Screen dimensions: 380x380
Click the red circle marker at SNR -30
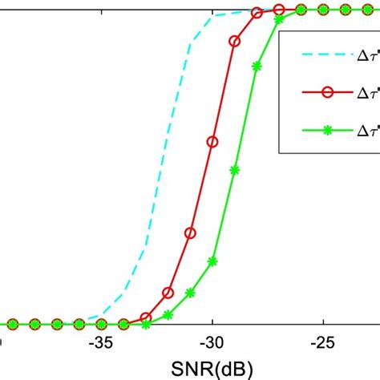[212, 142]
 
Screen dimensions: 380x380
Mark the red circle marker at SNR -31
[190, 233]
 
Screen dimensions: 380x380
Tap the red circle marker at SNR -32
[168, 293]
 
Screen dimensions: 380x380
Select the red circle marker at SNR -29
[235, 41]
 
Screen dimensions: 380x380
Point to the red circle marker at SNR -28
[257, 14]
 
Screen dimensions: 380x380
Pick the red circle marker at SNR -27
[279, 10]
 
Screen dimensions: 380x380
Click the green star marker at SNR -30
[212, 261]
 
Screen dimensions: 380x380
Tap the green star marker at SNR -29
[235, 169]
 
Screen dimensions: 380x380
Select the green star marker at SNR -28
[257, 67]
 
